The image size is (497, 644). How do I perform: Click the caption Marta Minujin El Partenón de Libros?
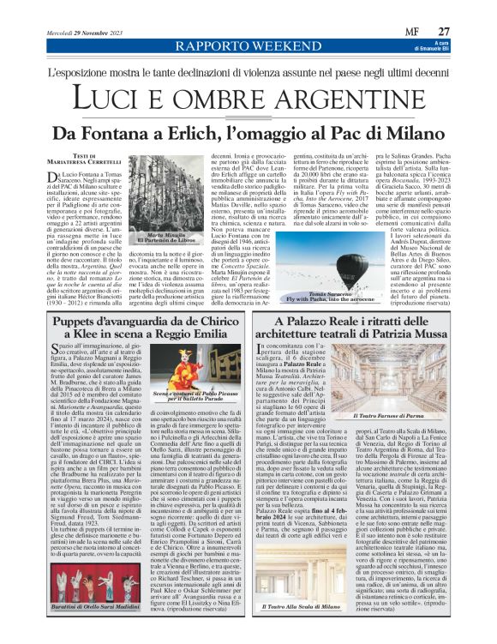coord(163,238)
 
